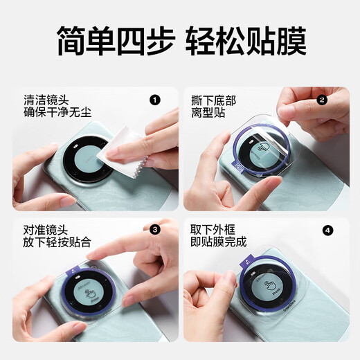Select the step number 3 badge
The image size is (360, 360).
(x=154, y=229)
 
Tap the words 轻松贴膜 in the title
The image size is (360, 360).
(x=246, y=42)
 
